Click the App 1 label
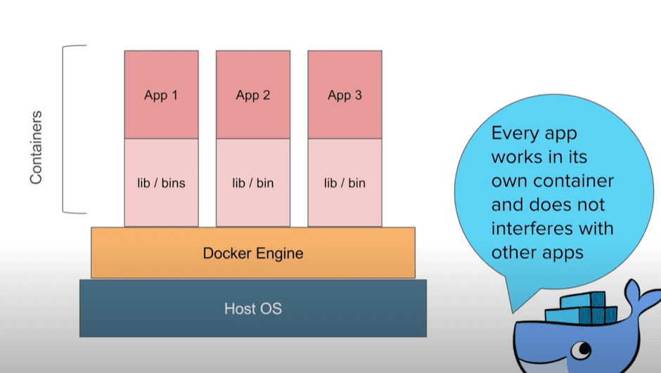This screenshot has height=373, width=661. pos(161,96)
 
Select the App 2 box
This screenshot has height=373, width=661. pos(252,95)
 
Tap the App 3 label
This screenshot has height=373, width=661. pos(345,96)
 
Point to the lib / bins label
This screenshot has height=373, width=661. pos(161,183)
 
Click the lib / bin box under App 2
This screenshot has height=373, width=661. pos(252,183)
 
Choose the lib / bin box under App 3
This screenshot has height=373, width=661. pos(345,183)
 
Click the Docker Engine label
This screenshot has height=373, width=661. pos(253,253)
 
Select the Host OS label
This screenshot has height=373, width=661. pos(253,308)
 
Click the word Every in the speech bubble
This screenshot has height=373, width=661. pos(513,133)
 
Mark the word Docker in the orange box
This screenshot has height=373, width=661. pos(226,253)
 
